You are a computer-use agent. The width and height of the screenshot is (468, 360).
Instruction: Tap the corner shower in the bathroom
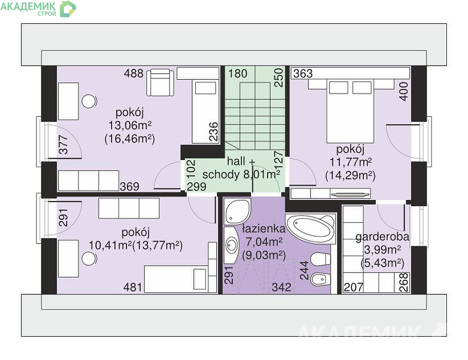[237, 211]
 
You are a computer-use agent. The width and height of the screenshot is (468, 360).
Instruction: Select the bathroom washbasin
[231, 245]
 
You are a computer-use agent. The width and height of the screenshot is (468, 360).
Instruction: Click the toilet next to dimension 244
[321, 259]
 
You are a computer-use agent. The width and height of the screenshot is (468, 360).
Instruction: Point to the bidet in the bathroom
[321, 280]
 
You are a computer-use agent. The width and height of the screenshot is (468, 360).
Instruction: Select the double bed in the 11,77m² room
[350, 111]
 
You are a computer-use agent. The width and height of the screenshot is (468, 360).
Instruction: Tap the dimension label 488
[134, 73]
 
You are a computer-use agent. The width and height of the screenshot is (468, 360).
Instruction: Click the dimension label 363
[303, 73]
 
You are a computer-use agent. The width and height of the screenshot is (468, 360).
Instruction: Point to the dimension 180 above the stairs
[238, 73]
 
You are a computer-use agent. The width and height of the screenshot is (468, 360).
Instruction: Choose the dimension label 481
[133, 287]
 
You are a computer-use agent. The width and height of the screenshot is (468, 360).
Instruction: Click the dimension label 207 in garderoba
[354, 287]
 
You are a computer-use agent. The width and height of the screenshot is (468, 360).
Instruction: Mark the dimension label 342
[281, 287]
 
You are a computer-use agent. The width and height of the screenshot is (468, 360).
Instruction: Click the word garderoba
[383, 237]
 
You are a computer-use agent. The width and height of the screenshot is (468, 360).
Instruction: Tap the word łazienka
[264, 228]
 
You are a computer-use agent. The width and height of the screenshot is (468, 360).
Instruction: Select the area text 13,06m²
[130, 126]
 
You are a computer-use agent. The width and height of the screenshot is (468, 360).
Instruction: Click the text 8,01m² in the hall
[262, 174]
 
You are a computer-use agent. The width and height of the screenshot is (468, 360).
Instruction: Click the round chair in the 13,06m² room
[89, 101]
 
